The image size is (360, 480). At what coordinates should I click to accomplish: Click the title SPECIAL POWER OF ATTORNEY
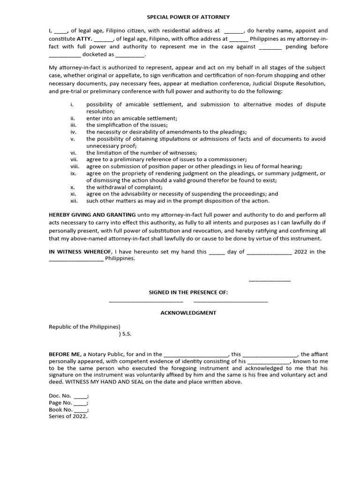click(x=188, y=17)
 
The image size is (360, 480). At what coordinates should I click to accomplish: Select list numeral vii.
click(x=74, y=159)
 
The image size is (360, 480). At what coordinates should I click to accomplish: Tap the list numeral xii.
click(x=74, y=201)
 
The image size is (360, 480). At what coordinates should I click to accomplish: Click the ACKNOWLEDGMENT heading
click(x=188, y=313)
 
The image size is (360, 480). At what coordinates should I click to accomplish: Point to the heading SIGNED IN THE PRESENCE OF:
click(x=188, y=292)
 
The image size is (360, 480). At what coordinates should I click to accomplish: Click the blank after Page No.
click(x=81, y=403)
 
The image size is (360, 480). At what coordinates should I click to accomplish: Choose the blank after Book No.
click(x=81, y=410)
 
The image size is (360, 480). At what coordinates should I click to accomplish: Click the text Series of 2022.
click(x=68, y=416)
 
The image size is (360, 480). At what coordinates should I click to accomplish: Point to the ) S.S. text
click(x=125, y=334)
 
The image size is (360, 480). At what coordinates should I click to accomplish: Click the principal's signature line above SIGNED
click(x=270, y=281)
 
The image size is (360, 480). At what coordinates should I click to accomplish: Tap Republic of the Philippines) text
click(x=85, y=327)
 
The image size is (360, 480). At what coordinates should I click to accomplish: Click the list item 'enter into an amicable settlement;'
click(x=132, y=118)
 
